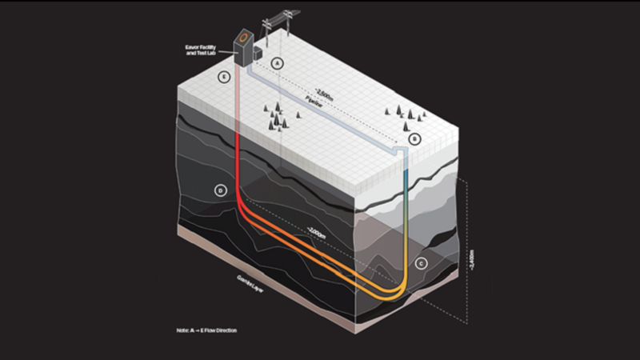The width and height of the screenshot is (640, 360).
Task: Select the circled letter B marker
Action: click(x=414, y=139)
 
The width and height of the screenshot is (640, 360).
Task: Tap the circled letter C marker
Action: click(x=422, y=262)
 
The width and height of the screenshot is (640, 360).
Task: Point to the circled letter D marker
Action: click(x=220, y=190)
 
